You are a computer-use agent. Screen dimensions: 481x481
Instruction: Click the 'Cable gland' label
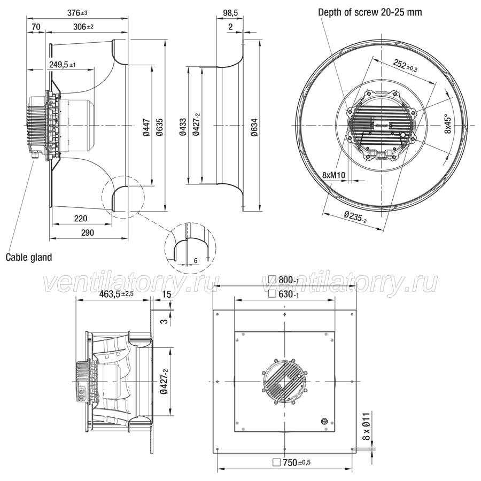[29, 257]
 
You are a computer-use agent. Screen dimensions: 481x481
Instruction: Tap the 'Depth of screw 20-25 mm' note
[370, 12]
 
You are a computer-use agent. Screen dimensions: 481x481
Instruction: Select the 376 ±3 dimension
[77, 13]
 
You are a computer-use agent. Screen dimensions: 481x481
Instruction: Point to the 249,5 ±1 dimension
[63, 65]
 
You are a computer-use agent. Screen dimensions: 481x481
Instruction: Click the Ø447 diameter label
[147, 127]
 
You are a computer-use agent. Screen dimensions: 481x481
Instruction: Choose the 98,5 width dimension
[230, 13]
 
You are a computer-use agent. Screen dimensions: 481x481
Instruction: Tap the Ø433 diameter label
[183, 127]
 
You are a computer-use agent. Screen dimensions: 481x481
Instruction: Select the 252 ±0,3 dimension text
[405, 65]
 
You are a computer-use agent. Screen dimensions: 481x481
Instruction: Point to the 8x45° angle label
[447, 124]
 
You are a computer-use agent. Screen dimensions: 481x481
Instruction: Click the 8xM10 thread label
[333, 175]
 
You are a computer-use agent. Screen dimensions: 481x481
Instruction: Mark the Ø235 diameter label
[355, 216]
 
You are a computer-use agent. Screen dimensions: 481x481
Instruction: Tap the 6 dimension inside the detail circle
[196, 261]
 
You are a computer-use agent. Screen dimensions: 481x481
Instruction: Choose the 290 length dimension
[88, 232]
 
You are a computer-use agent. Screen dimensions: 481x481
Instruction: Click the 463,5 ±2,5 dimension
[117, 294]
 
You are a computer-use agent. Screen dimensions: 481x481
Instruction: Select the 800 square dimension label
[283, 280]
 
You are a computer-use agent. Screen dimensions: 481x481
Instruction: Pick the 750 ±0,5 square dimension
[291, 462]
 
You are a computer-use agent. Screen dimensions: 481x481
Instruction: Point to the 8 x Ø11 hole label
[367, 426]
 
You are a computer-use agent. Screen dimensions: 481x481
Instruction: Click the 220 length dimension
[81, 219]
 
